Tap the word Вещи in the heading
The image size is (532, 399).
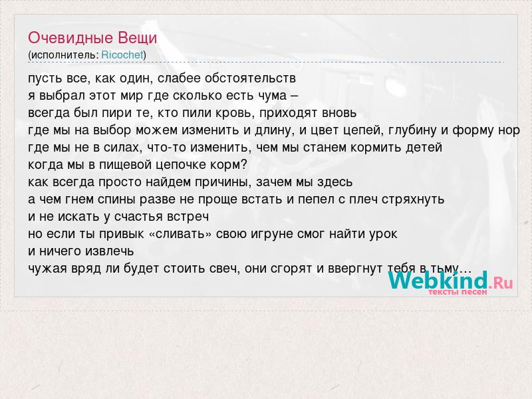point(138,38)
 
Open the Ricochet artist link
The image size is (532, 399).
point(122,55)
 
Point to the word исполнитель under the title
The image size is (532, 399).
point(63,55)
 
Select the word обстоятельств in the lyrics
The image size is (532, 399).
point(251,78)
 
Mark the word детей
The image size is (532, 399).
point(422,148)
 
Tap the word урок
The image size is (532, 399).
point(383,235)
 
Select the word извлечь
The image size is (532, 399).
point(109,251)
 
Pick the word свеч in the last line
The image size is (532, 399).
point(224,269)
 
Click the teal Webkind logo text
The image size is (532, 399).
point(438,280)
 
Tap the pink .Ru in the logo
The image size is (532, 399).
point(501,282)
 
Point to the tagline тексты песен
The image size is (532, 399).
point(458,291)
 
